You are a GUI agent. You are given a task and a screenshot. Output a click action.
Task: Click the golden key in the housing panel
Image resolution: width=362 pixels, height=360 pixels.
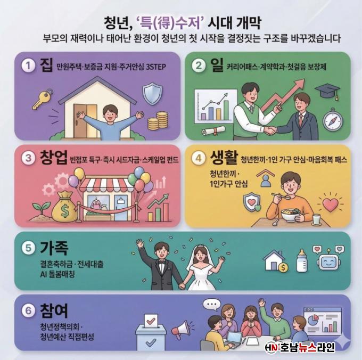pos(42,99)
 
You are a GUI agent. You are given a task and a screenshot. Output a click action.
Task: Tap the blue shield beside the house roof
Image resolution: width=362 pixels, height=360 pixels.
pos(152,94)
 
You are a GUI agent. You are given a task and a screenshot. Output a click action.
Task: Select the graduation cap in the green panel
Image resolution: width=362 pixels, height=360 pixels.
pos(327,91)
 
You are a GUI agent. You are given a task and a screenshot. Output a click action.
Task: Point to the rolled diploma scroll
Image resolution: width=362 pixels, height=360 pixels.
pos(213,131)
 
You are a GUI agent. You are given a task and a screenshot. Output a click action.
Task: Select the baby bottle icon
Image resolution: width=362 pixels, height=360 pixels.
pos(301,260)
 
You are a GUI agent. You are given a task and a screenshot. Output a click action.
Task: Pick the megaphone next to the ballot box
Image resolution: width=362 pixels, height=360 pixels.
pos(181,329)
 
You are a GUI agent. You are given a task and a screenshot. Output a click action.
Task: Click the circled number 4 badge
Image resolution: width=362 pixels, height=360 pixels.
pos(199,158)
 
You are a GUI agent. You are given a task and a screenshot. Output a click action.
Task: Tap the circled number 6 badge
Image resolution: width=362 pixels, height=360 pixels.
pos(28,310)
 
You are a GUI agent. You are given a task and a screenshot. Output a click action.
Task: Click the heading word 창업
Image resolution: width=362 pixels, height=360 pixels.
pos(54,158)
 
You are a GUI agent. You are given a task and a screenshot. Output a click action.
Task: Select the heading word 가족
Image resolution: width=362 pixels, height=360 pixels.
pos(54,248)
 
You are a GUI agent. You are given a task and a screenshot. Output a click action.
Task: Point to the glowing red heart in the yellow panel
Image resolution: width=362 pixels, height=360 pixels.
pos(330,205)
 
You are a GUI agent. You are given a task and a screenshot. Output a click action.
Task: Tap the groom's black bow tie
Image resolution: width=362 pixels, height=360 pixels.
pos(161,263)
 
